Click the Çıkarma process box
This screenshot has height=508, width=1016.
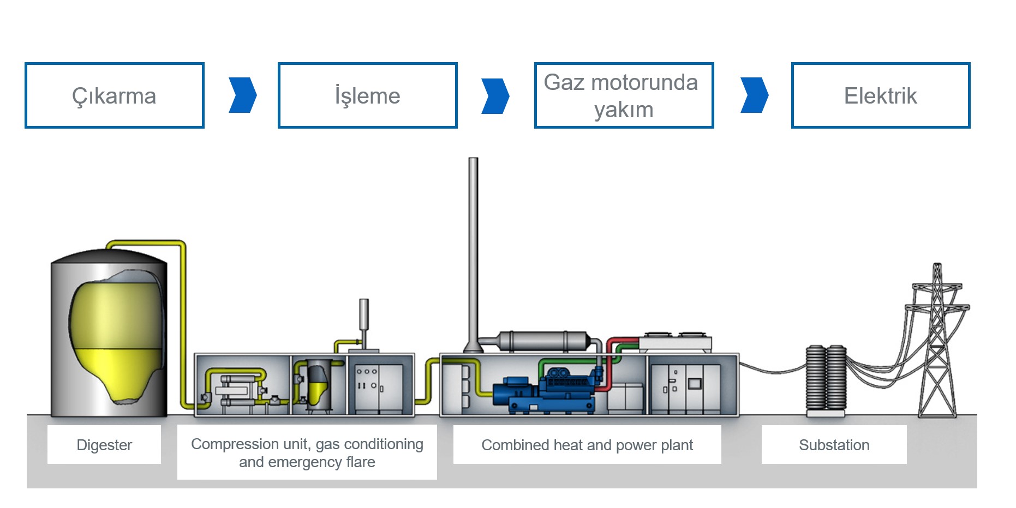tap(115, 95)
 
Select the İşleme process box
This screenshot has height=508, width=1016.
tap(367, 95)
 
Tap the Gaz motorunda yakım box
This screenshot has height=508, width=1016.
tap(624, 95)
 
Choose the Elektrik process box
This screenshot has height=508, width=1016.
tap(880, 95)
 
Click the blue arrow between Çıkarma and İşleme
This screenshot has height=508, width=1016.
tap(242, 95)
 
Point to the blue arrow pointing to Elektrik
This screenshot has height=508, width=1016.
tap(754, 95)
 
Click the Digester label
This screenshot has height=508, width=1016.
tap(104, 445)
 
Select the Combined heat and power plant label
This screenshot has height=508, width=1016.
tap(587, 445)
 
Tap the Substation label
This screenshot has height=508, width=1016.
tap(834, 445)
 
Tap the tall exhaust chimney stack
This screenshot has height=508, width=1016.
tap(473, 245)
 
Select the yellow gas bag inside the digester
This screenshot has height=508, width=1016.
tap(116, 338)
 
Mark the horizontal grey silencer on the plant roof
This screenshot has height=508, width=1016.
tap(543, 341)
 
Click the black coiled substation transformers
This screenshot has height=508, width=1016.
tap(826, 378)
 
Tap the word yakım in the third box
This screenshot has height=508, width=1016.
tap(624, 110)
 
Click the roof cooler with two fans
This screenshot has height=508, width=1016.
tap(675, 342)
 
